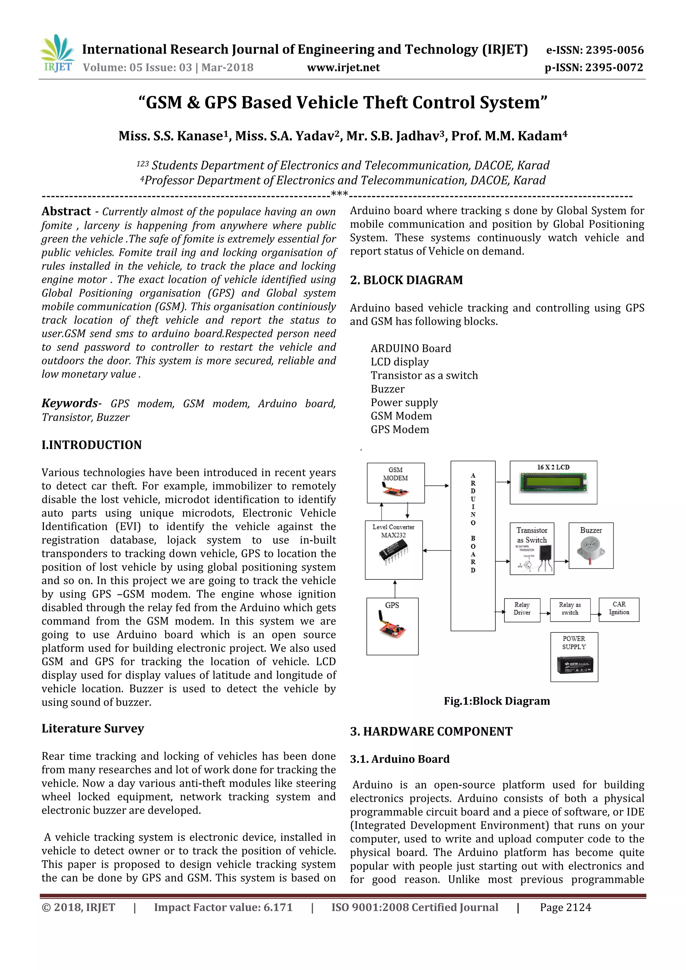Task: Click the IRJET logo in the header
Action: (x=57, y=54)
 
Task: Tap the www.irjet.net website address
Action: (x=343, y=68)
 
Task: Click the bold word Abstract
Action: (x=66, y=211)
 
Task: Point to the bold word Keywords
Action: (x=70, y=403)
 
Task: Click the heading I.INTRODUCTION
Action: (x=92, y=445)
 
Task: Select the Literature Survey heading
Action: (x=93, y=729)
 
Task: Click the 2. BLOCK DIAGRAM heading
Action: (x=406, y=280)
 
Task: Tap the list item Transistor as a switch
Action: (x=424, y=375)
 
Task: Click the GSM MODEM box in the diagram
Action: (x=395, y=483)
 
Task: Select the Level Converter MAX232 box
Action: (x=394, y=550)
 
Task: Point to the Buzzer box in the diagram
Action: (x=591, y=545)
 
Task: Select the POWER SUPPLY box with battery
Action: (x=574, y=656)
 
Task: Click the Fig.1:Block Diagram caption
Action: (x=497, y=701)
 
